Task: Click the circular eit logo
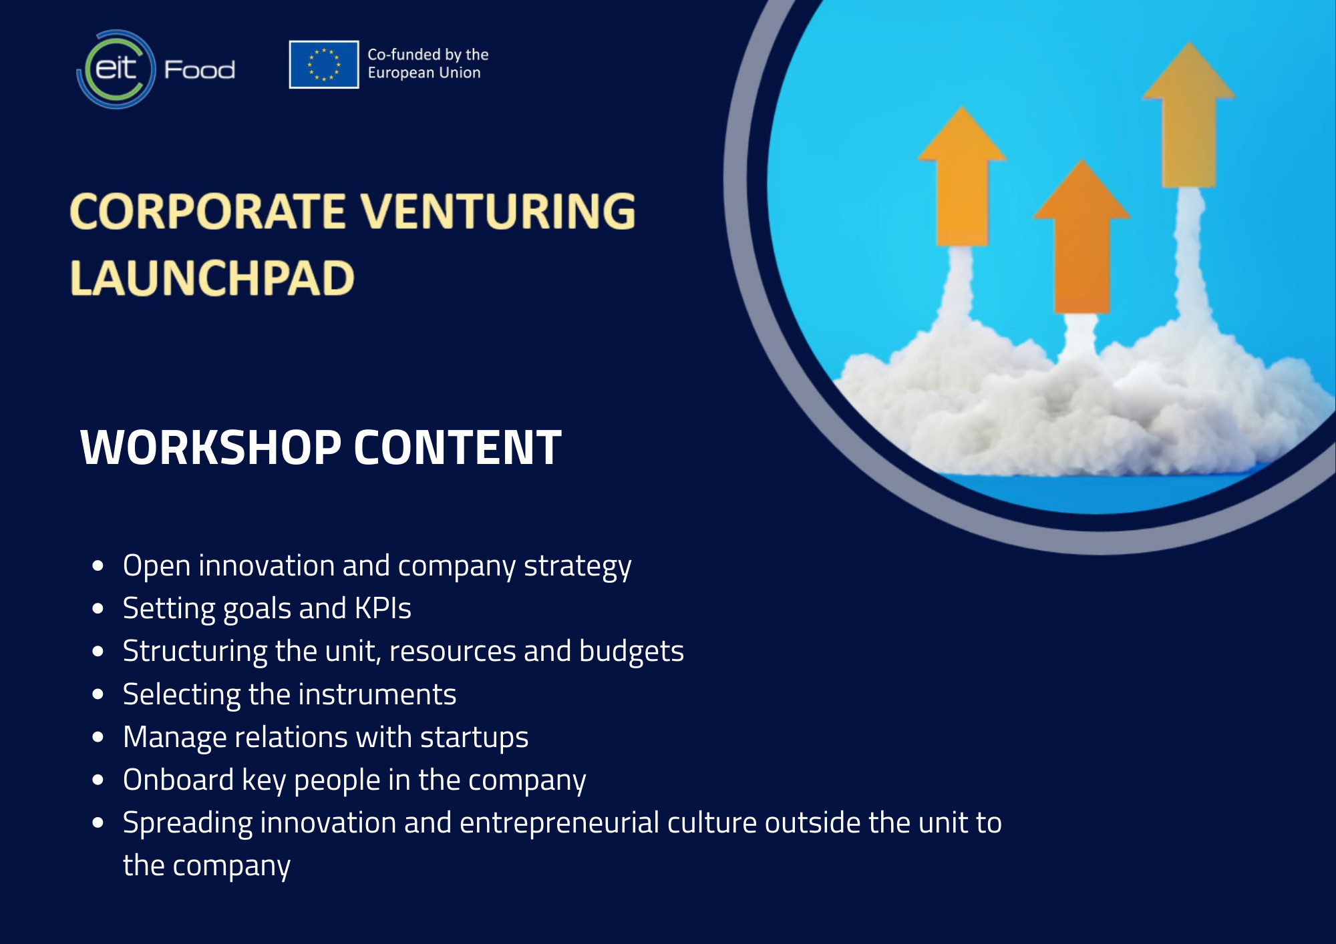pos(116,69)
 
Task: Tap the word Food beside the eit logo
pos(200,69)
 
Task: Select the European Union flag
pos(324,65)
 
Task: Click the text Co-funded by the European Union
pos(428,63)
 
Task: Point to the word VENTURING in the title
pos(498,211)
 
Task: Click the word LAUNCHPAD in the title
pos(212,278)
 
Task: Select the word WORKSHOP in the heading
pos(210,447)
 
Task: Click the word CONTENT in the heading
pos(458,447)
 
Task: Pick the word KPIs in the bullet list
pos(383,608)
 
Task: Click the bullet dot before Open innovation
pos(98,566)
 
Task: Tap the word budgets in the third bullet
pos(631,651)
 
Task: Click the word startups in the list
pos(474,738)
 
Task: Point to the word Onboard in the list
pos(178,780)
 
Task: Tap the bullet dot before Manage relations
pos(98,738)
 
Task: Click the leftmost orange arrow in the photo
pos(962,177)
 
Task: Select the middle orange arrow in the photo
pos(1082,237)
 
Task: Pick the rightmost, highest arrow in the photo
pos(1189,115)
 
